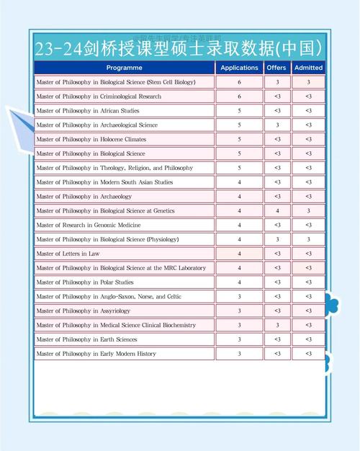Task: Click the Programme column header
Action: coord(124,68)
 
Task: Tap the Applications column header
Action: coord(239,68)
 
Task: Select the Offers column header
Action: coord(276,68)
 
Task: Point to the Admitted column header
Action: coord(308,68)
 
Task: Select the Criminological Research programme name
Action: coord(99,97)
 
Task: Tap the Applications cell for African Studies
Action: coord(239,111)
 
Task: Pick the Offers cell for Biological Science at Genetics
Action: coord(276,211)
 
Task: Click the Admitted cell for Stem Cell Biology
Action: coord(308,82)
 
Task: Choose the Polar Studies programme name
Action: coord(84,282)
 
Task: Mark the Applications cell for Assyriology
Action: coord(239,311)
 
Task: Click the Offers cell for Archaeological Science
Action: coord(276,125)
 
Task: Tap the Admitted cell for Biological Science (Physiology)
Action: coord(308,239)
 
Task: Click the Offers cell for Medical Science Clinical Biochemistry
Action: coord(276,325)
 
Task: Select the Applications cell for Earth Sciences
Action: coord(239,339)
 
